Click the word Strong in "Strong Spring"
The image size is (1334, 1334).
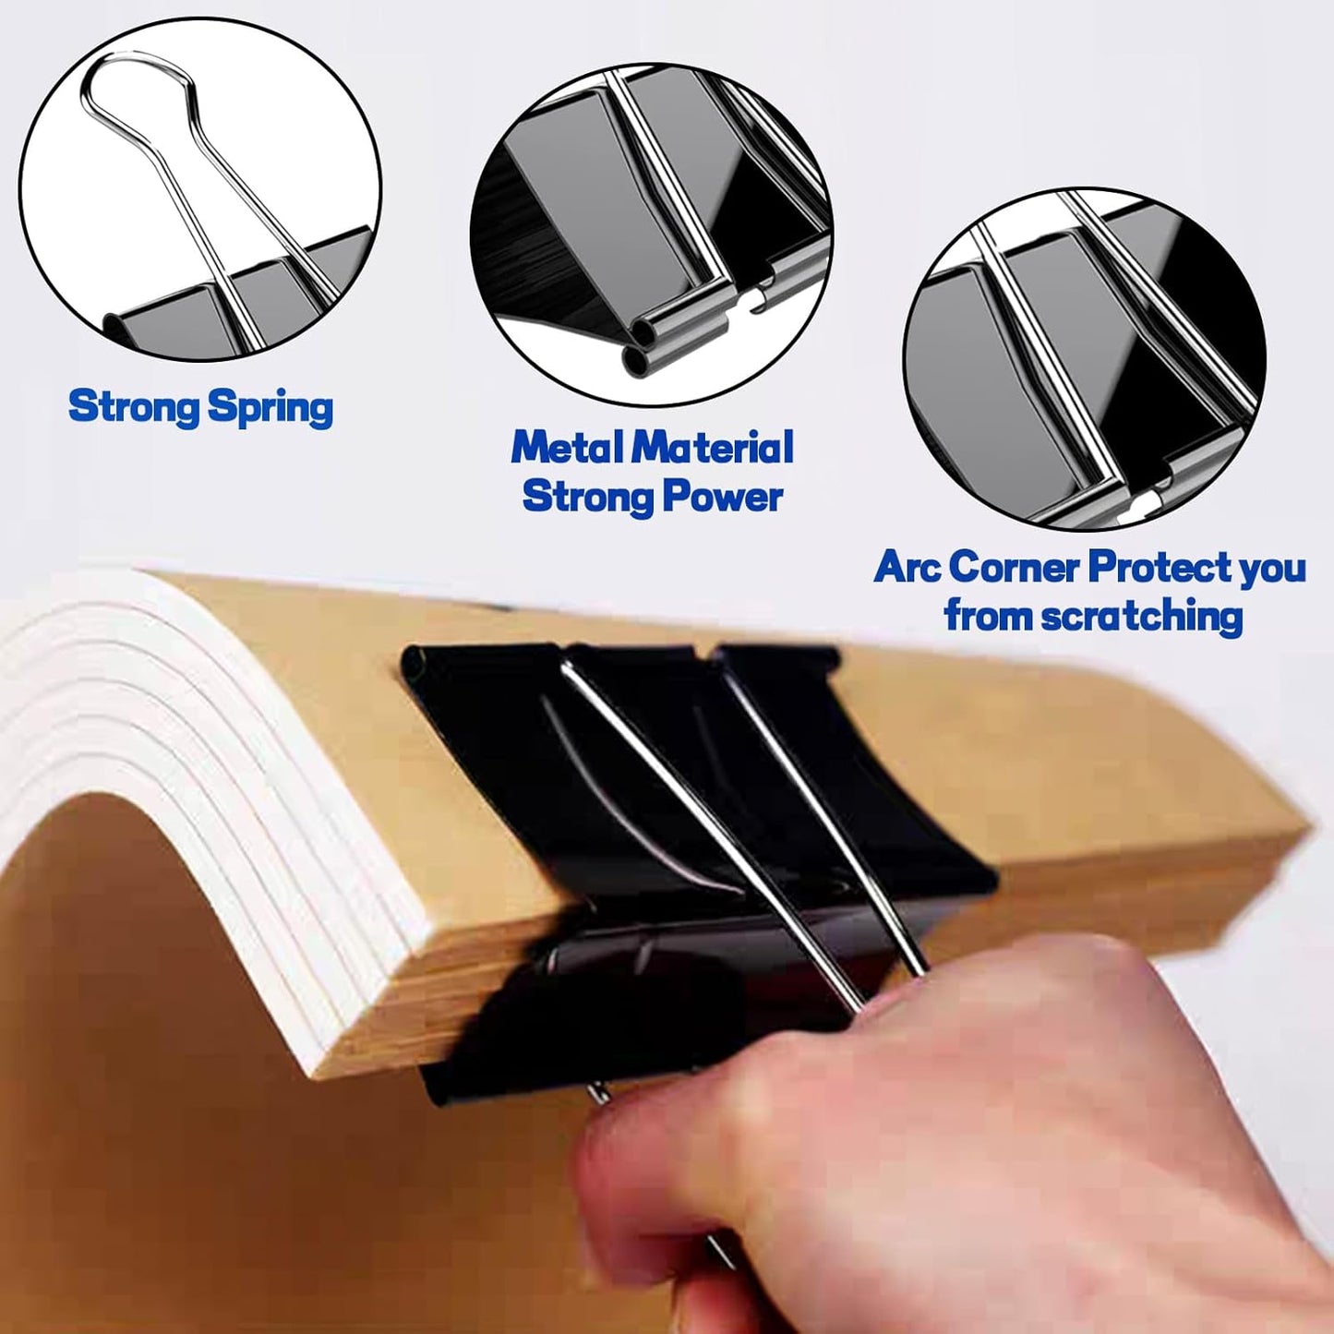coord(133,406)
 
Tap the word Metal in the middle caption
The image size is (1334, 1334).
coord(566,448)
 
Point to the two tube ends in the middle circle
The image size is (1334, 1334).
coord(644,345)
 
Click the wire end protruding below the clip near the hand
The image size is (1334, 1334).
coord(600,1094)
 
